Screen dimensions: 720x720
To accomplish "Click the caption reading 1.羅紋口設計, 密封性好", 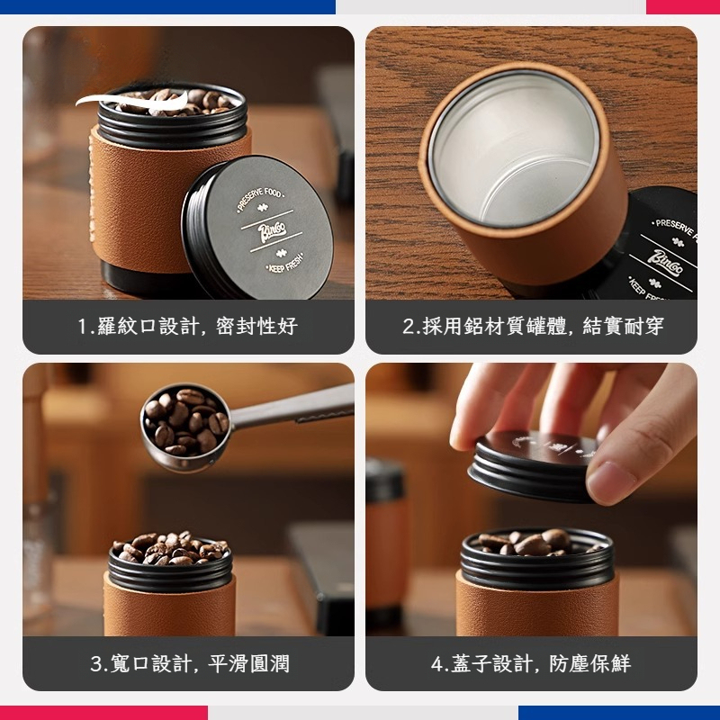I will pyautogui.click(x=187, y=326).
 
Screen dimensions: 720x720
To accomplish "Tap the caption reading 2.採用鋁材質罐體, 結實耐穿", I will pyautogui.click(x=532, y=326).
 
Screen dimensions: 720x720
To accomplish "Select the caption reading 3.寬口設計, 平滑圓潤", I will pyautogui.click(x=190, y=664).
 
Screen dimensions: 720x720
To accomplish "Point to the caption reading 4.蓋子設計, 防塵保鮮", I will pyautogui.click(x=532, y=664).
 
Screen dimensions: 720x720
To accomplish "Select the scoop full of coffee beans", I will pyautogui.click(x=184, y=420).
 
